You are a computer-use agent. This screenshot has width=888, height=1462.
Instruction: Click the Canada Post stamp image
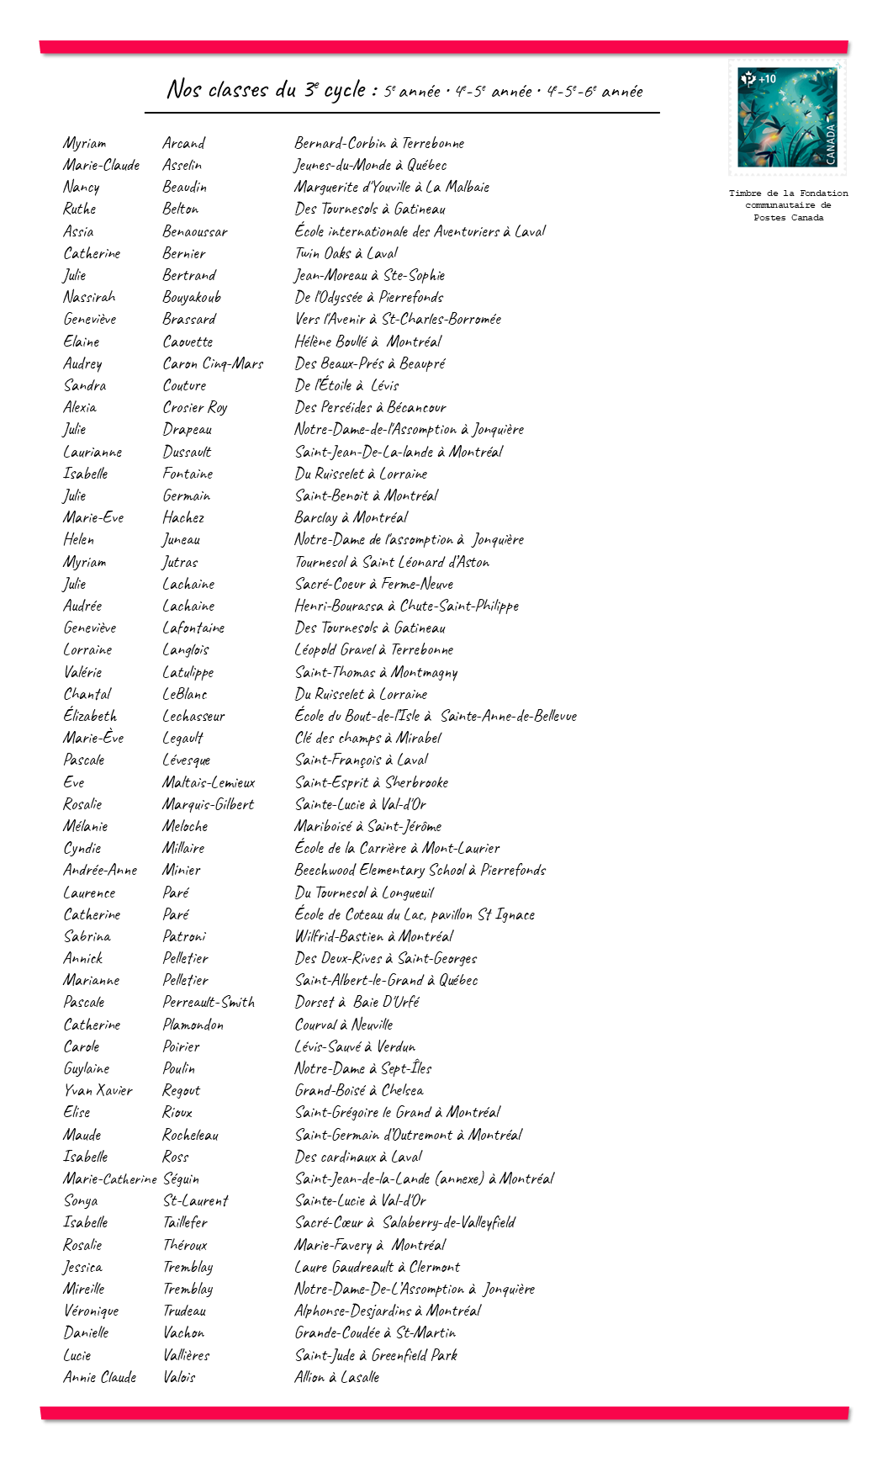[x=787, y=117]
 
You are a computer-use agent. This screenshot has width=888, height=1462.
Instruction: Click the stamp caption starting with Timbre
[x=788, y=205]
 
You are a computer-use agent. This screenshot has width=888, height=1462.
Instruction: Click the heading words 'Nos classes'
[x=217, y=90]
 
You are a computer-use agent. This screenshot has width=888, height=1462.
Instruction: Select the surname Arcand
[x=184, y=144]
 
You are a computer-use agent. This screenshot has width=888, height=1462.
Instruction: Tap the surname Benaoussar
[x=195, y=232]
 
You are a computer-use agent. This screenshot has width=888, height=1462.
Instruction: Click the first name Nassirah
[x=89, y=297]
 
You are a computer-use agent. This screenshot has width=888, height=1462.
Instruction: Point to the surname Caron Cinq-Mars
[x=213, y=364]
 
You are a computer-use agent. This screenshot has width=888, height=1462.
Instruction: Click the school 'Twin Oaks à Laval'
[x=346, y=253]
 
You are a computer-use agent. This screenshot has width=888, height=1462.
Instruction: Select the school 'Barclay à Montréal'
[x=351, y=518]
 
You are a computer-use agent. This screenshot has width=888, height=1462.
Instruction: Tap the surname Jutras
[x=180, y=563]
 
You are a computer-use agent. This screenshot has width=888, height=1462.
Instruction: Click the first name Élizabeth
[x=90, y=717]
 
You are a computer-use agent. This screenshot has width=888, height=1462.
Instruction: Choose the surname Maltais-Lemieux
[x=209, y=783]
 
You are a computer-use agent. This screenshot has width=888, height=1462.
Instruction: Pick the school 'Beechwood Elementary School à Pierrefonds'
[x=420, y=871]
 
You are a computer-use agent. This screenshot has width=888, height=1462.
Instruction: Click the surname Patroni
[x=184, y=937]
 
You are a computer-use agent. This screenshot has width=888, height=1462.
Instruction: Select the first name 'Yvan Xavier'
[x=98, y=1091]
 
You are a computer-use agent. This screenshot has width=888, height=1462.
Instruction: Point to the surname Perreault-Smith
[x=209, y=1003]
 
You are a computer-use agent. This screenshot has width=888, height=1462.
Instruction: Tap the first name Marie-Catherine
[x=109, y=1179]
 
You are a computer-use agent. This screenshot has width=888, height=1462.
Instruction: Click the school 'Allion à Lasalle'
[x=336, y=1378]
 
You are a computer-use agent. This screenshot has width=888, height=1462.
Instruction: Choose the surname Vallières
[x=186, y=1356]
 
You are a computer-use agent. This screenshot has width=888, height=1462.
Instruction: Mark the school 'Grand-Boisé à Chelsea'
[x=359, y=1091]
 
